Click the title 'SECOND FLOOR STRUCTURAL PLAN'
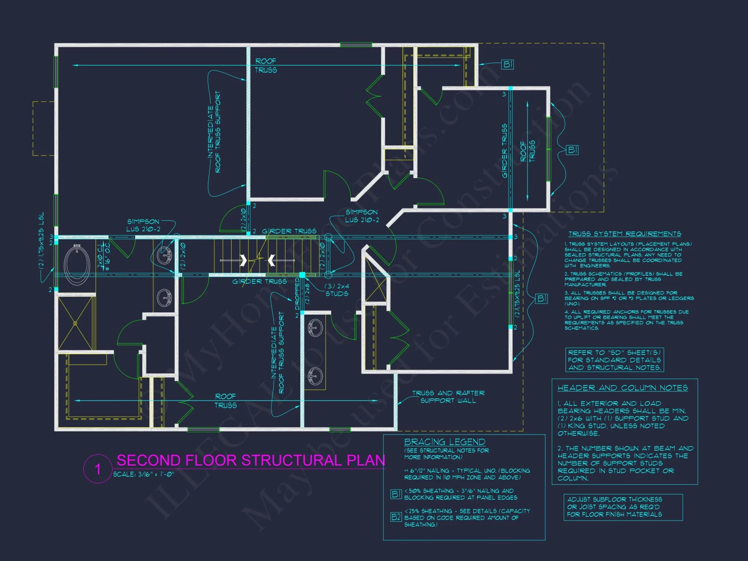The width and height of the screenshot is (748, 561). pos(251,460)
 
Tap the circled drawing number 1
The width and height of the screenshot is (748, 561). pos(98,469)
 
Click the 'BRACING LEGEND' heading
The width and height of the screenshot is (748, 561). pos(444,442)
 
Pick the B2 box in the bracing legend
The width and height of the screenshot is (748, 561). pos(396,517)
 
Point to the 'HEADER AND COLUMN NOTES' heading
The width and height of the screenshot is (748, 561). pos(622,388)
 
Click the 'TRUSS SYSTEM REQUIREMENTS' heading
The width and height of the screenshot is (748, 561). pos(625,234)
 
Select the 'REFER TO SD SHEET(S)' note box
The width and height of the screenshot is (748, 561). pos(614,360)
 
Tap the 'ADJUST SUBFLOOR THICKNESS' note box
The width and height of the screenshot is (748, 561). pos(623,507)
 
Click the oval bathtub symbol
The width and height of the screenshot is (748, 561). pos(77,264)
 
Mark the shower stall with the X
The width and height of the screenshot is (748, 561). pos(75,323)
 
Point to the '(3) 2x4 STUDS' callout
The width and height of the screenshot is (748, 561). pos(337,290)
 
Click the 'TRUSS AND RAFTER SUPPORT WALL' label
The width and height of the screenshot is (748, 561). pos(448,397)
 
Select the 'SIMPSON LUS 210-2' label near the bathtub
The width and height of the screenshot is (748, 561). pos(143,225)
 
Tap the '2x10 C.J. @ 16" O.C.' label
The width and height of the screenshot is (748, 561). pos(103,257)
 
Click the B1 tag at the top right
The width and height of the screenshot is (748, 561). pos(507,64)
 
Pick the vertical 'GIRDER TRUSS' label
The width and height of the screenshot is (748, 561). pos(504,151)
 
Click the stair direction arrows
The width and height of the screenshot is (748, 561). pos(257,260)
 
